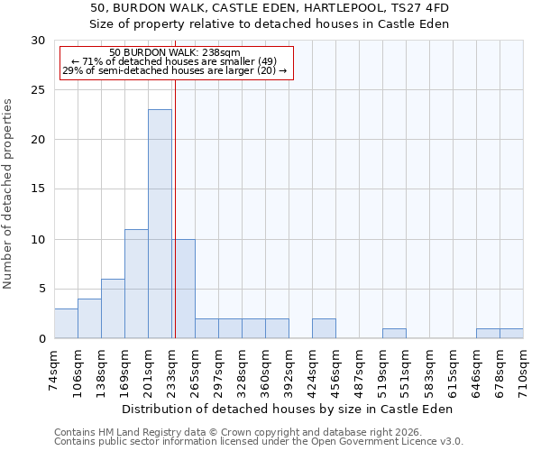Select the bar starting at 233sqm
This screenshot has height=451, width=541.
coord(184,289)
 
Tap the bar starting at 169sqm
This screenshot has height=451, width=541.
coord(136,283)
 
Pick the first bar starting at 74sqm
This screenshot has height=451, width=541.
coord(66,323)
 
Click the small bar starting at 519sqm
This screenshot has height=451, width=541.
coord(394,334)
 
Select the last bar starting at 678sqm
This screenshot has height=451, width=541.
coord(511,334)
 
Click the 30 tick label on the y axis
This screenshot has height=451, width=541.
coord(38,41)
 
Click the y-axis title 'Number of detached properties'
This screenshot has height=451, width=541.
coord(8,194)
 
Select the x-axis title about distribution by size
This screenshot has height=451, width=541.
coord(289,409)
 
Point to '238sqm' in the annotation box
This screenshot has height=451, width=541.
coord(220,53)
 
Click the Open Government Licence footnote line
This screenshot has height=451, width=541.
coord(258,442)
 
